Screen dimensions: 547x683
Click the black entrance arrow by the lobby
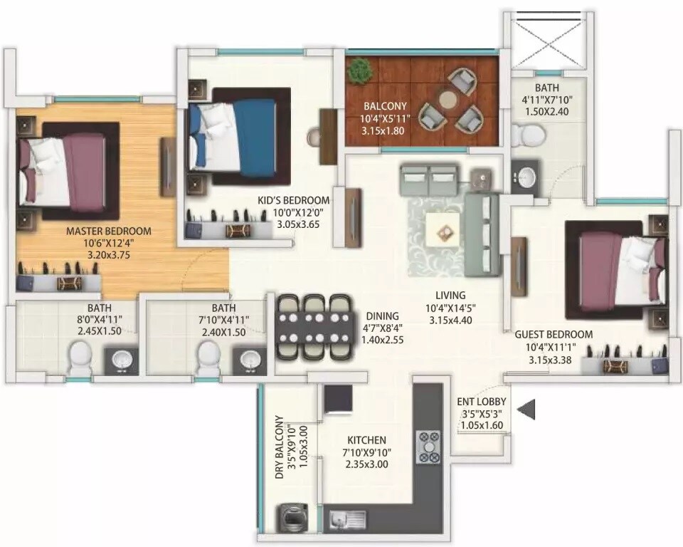(527, 410)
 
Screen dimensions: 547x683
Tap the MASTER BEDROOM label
(109, 231)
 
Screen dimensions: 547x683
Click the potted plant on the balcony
(360, 70)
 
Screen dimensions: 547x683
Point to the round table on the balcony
(448, 100)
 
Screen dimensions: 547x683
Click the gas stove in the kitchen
(428, 447)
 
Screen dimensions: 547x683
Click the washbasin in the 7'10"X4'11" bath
(250, 358)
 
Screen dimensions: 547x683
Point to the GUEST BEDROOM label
(554, 334)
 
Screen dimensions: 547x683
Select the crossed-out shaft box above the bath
(547, 39)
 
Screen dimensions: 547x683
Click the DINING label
(382, 316)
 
